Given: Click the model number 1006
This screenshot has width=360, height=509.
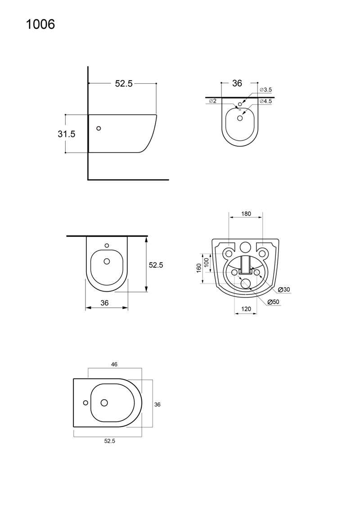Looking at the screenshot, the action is tap(40, 24).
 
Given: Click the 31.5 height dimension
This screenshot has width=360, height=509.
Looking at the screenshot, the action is tap(67, 134).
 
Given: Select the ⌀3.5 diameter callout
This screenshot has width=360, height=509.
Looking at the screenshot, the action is tap(265, 90).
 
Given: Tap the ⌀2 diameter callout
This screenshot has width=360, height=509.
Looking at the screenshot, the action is tap(213, 101).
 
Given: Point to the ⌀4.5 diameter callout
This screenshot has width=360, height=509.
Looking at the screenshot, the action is tap(265, 101).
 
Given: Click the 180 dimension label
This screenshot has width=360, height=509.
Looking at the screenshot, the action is tap(246, 214).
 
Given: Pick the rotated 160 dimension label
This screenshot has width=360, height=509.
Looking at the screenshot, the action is tap(199, 268).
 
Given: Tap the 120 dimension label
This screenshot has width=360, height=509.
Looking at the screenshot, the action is tap(246, 309).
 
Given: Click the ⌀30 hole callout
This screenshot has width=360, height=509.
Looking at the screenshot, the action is tap(283, 289).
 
